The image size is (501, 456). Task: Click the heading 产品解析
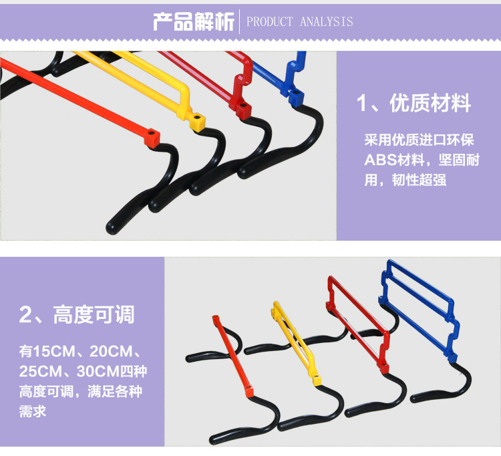click(194, 21)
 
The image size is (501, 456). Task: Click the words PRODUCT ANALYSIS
click(300, 22)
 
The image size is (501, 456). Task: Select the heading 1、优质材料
click(413, 104)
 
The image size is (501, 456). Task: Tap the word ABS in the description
click(380, 160)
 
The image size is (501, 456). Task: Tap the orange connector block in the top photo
click(152, 138)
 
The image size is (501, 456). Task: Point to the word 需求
click(33, 411)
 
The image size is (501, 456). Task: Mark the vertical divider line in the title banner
click(240, 21)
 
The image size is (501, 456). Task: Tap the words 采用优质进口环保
click(419, 141)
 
